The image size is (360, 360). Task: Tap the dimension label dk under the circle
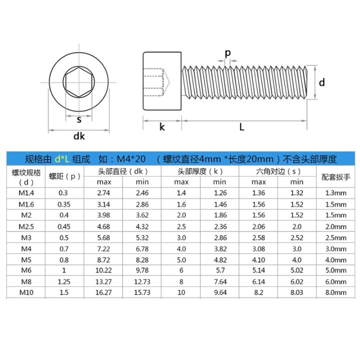pyautogui.click(x=79, y=136)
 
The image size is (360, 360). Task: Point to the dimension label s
pyautogui.click(x=79, y=119)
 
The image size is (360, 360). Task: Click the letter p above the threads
pyautogui.click(x=227, y=53)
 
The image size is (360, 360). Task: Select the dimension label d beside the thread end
pyautogui.click(x=322, y=82)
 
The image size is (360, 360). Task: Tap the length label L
pyautogui.click(x=242, y=126)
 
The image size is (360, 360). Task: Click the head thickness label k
pyautogui.click(x=162, y=126)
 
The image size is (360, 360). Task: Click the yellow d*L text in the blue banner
pyautogui.click(x=62, y=159)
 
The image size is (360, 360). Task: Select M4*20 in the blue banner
pyautogui.click(x=131, y=159)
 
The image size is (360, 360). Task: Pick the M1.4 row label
pyautogui.click(x=26, y=193)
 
